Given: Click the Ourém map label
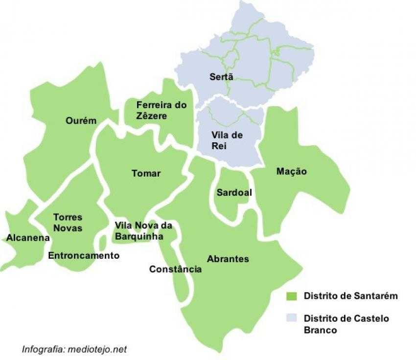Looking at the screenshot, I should (81, 121).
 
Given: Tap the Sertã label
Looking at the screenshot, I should (221, 77).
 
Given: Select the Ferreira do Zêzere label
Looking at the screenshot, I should (155, 111).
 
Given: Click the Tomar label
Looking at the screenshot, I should (146, 173).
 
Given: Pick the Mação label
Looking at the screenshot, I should (291, 171).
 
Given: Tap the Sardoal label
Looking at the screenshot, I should (234, 192).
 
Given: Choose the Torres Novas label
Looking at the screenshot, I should (68, 223).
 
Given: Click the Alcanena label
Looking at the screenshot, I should (28, 238).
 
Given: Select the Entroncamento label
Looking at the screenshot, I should (84, 255).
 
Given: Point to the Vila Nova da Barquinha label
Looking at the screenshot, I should (143, 230).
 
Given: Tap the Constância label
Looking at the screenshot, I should (175, 269).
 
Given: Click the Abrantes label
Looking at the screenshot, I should (228, 259).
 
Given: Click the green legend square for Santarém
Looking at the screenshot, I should (291, 296).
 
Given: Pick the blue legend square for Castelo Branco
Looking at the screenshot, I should (291, 318).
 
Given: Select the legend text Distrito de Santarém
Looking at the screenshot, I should (350, 296).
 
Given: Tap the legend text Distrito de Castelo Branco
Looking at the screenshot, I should (346, 324).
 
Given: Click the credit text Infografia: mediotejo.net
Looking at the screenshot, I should (74, 349).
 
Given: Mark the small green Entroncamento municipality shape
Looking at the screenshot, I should (102, 242).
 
